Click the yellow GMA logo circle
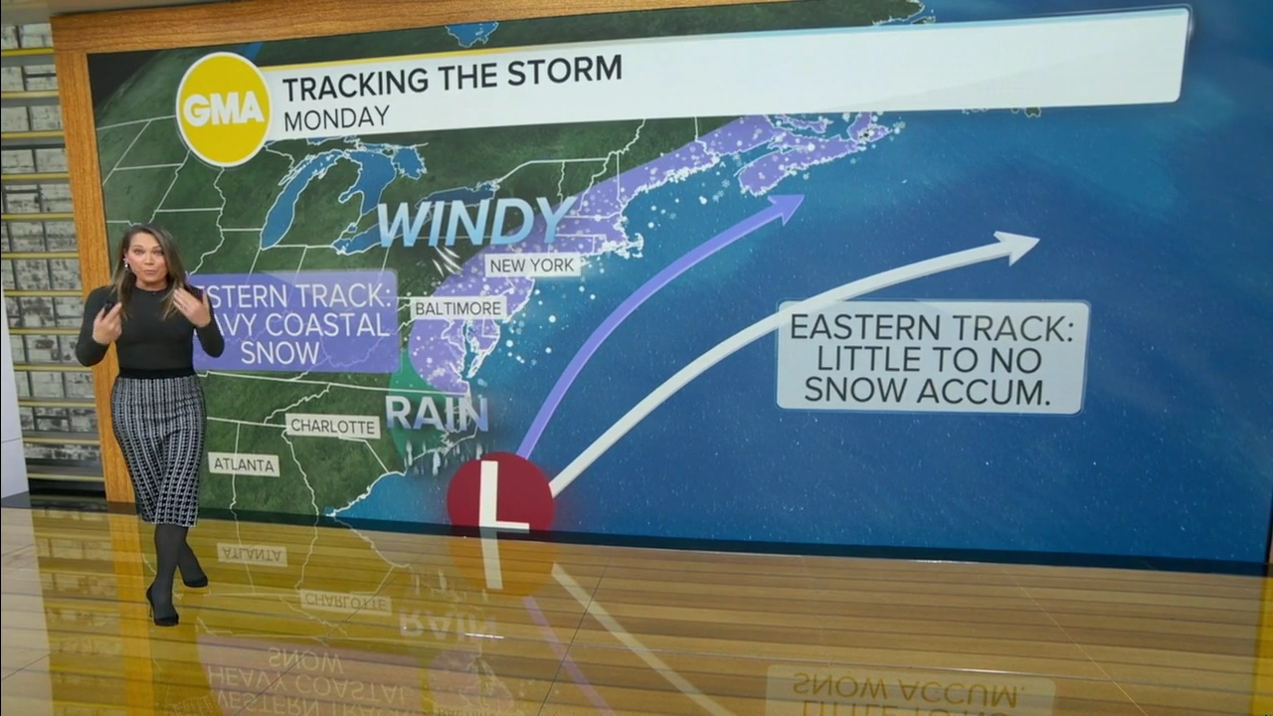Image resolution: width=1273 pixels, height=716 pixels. click(224, 108)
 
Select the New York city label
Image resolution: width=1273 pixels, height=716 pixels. click(532, 266)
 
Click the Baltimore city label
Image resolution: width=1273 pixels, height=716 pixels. click(458, 308)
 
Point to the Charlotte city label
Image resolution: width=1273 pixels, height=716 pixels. click(333, 427)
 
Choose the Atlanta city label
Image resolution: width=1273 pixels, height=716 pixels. click(244, 464)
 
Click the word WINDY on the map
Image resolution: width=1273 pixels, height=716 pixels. click(475, 223)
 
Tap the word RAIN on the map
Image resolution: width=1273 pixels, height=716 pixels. click(436, 414)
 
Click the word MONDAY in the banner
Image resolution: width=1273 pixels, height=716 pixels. click(336, 118)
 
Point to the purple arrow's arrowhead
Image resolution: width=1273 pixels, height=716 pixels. click(787, 206)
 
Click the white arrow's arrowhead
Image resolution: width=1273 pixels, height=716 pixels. click(1018, 246)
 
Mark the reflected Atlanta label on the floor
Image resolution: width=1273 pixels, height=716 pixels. click(252, 555)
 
